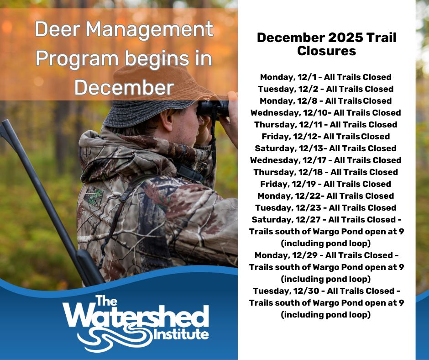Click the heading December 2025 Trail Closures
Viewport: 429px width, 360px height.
pyautogui.click(x=326, y=44)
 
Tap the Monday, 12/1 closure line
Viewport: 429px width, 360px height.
pyautogui.click(x=326, y=77)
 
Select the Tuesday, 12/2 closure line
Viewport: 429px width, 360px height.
pyautogui.click(x=326, y=89)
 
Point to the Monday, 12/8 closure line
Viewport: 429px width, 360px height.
pyautogui.click(x=326, y=101)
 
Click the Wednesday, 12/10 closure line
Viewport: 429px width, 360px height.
pyautogui.click(x=326, y=112)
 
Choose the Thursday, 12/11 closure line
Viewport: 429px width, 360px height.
pyautogui.click(x=326, y=124)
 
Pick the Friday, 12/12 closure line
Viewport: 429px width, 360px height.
pyautogui.click(x=326, y=136)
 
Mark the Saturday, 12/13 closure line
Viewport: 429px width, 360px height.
pyautogui.click(x=326, y=148)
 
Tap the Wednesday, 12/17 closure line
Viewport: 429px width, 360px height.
pyautogui.click(x=326, y=160)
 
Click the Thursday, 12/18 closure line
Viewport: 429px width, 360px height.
pyautogui.click(x=326, y=172)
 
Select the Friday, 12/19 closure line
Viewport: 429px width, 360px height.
pyautogui.click(x=326, y=184)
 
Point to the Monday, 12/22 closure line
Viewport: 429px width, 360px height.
pyautogui.click(x=326, y=196)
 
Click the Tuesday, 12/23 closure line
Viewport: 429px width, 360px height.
pyautogui.click(x=326, y=207)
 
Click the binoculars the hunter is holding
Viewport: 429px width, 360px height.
pyautogui.click(x=213, y=108)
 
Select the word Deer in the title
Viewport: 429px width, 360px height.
pyautogui.click(x=56, y=30)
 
